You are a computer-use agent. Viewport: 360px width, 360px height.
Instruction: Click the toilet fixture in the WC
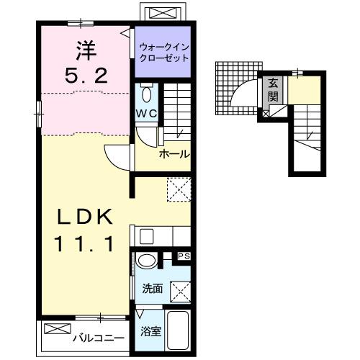click(x=146, y=94)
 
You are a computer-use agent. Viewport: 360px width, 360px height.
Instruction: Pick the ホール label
click(x=174, y=154)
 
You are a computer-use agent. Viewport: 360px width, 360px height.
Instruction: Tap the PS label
click(x=184, y=255)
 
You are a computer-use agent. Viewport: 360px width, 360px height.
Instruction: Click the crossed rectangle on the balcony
click(x=55, y=329)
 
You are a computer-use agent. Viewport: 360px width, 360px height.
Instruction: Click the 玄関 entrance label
click(x=275, y=89)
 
